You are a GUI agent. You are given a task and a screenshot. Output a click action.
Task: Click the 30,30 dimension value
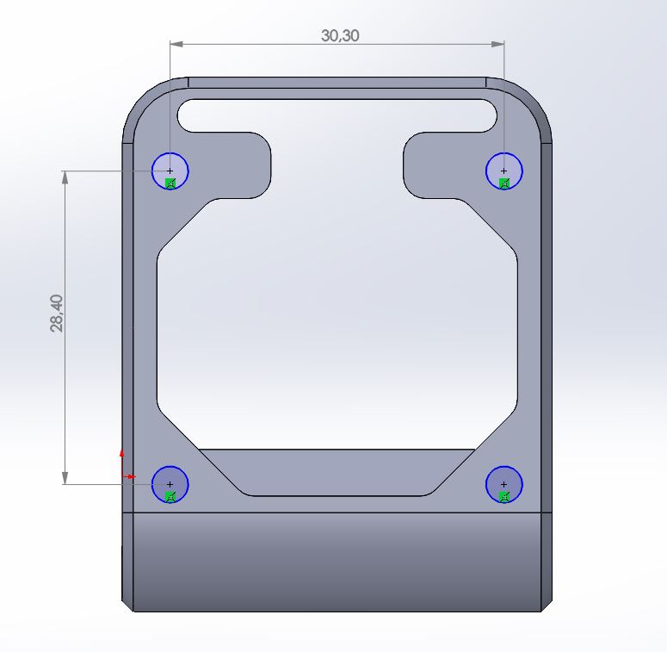(x=340, y=35)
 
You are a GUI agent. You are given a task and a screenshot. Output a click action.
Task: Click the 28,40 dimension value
(x=57, y=313)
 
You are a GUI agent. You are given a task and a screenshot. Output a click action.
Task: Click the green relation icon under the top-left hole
(x=170, y=183)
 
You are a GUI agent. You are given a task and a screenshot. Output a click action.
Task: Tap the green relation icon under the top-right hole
(x=505, y=183)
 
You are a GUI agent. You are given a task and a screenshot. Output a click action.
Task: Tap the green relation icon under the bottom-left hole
(x=170, y=496)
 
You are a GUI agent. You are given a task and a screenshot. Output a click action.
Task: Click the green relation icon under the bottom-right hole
(x=505, y=496)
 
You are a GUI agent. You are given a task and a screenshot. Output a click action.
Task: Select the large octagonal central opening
(x=336, y=327)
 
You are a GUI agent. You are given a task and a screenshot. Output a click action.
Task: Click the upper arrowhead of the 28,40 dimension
(x=65, y=177)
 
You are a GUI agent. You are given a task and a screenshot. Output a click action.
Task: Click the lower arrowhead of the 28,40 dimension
(x=65, y=477)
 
